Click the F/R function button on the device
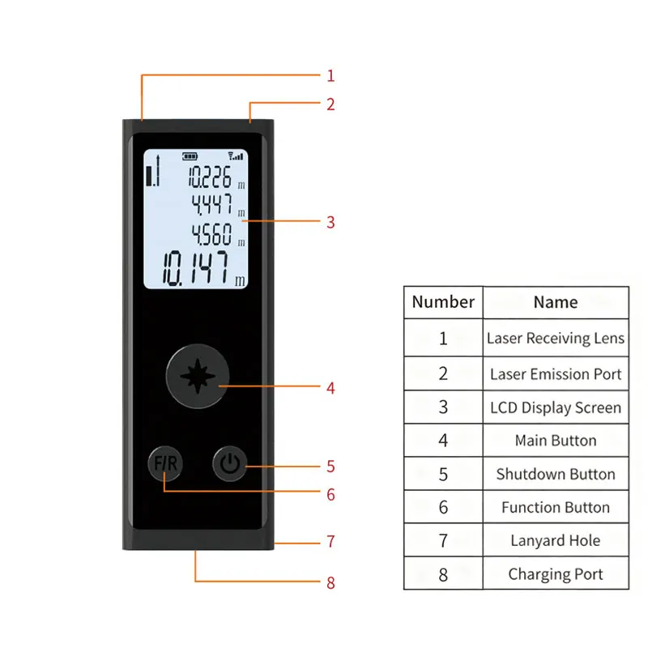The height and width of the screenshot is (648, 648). (x=165, y=464)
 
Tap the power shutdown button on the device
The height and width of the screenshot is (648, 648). (x=229, y=464)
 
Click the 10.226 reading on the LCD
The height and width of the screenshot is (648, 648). (x=210, y=177)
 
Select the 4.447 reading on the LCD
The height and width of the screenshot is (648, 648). (x=211, y=205)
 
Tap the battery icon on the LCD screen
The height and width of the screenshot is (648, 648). (x=190, y=157)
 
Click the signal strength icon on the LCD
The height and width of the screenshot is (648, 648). (x=236, y=156)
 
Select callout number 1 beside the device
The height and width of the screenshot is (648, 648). (x=330, y=76)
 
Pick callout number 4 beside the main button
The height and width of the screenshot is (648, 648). (x=330, y=388)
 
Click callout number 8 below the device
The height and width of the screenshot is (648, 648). (x=330, y=582)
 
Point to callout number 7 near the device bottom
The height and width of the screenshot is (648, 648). (x=330, y=542)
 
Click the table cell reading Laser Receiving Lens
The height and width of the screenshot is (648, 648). (x=556, y=339)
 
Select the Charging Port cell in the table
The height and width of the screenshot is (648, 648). (x=556, y=574)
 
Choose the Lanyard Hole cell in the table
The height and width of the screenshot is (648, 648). (x=556, y=540)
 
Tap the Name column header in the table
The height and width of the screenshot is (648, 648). (x=556, y=302)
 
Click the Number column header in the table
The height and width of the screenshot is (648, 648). (x=443, y=302)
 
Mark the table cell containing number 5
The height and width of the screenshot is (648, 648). (x=443, y=474)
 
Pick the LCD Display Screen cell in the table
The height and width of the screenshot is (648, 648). (x=556, y=407)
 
